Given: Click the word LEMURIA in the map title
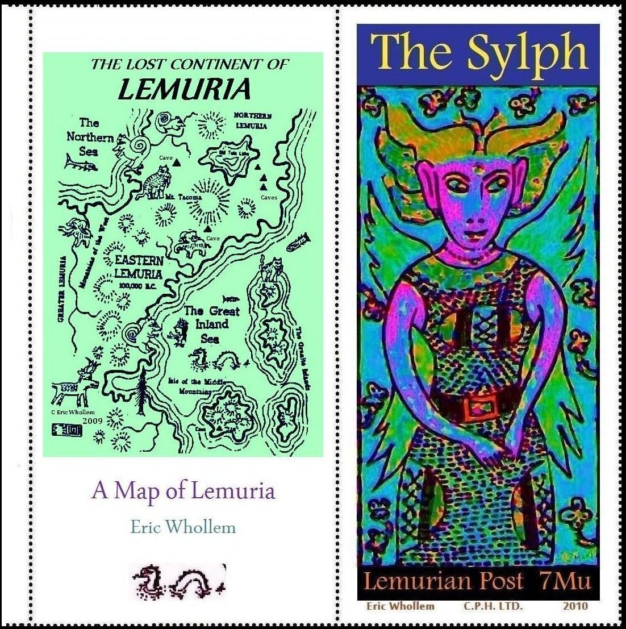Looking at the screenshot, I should (x=184, y=89).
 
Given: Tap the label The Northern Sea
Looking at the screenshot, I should (x=89, y=137).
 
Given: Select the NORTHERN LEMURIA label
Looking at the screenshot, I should (x=253, y=120).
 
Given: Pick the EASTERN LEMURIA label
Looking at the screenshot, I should (x=139, y=267).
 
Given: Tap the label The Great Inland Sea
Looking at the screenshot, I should (x=212, y=324).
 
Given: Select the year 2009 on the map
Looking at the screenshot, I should (x=92, y=421).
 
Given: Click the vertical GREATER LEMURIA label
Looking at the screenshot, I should (x=62, y=290).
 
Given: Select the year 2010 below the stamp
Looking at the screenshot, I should (x=575, y=606).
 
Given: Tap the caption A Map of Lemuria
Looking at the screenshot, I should (x=183, y=491).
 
